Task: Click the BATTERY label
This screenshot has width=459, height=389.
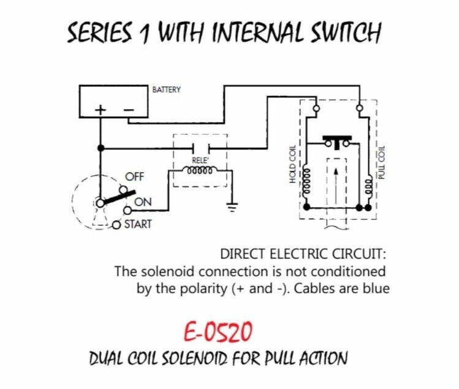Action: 166,89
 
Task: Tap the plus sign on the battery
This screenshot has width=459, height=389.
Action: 100,110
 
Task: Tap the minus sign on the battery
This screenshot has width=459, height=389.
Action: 129,110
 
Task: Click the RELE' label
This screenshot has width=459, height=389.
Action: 200,160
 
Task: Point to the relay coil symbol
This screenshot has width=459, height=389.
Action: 200,170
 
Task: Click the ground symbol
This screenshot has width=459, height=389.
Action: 232,206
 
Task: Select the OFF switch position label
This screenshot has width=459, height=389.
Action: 135,177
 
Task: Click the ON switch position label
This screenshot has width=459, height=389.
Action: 143,202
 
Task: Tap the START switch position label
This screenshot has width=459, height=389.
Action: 138,224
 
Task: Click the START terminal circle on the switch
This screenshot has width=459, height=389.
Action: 116,225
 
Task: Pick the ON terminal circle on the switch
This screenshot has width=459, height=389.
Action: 127,210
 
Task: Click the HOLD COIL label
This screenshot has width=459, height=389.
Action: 292,164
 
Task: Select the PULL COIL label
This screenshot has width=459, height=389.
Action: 381,162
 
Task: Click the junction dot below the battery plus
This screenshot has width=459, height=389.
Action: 101,148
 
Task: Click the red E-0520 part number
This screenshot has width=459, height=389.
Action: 218,331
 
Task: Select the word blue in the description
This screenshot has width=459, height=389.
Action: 376,289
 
